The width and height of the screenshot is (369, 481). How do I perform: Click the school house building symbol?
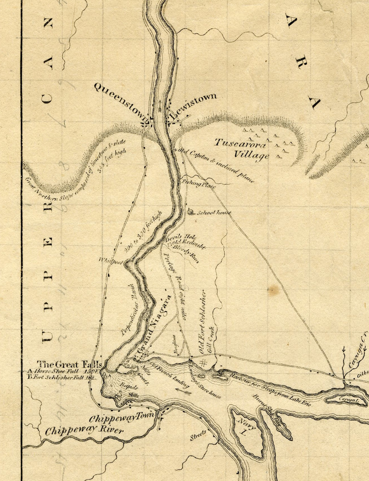pos(190,212)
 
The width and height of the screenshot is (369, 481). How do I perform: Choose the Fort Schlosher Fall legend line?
pos(64,378)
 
